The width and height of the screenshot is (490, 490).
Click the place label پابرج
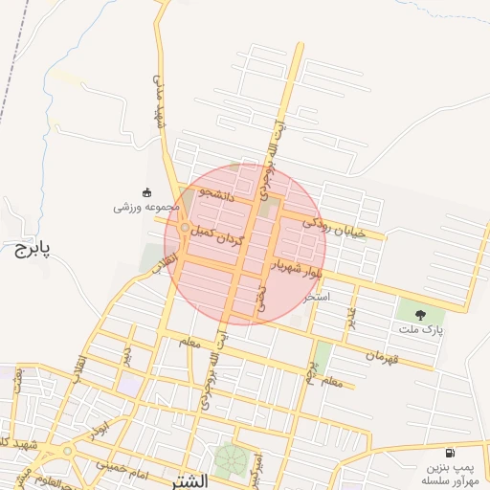coord(32,249)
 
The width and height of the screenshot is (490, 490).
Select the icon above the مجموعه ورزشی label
coord(146,190)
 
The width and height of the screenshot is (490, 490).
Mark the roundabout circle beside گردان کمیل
coord(184,229)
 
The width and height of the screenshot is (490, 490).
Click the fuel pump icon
coord(449,453)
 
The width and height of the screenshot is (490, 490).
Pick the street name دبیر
coord(126,355)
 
